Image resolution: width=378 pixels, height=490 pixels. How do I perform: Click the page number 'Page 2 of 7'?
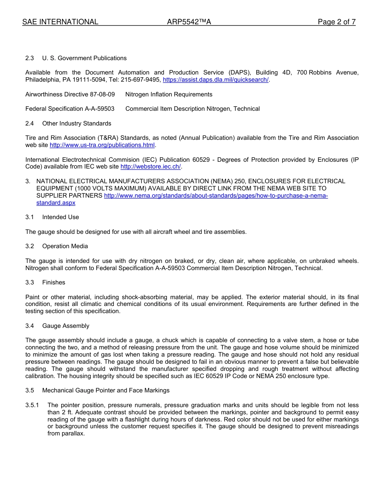coord(336,22)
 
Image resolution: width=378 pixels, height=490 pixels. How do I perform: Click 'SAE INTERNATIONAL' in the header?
coord(60,22)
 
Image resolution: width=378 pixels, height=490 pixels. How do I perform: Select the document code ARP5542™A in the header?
coord(189,22)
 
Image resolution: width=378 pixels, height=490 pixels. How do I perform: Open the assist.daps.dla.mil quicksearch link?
coord(216,80)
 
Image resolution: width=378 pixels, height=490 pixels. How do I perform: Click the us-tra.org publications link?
coord(102,145)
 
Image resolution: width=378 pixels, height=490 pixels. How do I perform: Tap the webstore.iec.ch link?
coord(150,167)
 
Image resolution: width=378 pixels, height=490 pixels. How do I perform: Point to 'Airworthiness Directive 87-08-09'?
coord(70,94)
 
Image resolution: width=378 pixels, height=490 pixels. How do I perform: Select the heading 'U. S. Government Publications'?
coord(84,58)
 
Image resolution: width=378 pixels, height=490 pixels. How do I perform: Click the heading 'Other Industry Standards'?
coord(77,123)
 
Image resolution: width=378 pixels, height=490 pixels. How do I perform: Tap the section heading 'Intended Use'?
coord(60,217)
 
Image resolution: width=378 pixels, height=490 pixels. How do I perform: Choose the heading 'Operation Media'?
coord(65,246)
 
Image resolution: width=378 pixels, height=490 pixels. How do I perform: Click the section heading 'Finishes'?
coord(54,282)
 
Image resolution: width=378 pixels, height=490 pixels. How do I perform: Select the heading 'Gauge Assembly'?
coord(66,326)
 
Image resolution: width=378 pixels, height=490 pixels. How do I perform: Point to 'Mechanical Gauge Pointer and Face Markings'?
coord(106,390)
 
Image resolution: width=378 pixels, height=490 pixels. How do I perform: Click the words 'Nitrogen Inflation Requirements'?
coord(169,94)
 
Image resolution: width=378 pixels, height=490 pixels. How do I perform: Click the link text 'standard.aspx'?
coord(56,203)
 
